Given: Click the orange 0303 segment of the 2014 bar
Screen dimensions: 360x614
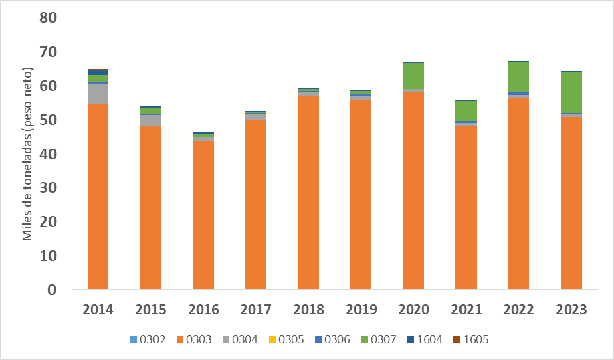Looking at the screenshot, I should [x=98, y=197].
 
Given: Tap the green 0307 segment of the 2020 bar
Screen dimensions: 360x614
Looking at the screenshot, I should [x=413, y=76].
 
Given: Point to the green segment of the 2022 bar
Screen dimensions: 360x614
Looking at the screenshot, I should [x=518, y=77].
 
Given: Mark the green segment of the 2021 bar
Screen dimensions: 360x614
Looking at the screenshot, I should [x=466, y=111].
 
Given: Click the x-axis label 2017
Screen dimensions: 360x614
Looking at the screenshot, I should [x=255, y=310].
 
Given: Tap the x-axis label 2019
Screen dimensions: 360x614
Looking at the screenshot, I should [x=361, y=310].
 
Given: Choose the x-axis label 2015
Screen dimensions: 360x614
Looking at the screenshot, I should [x=150, y=310].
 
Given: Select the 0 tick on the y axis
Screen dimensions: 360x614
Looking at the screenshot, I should [x=52, y=290].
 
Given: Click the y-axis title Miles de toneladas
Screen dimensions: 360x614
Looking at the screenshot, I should [x=28, y=154].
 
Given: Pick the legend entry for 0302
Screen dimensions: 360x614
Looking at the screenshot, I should [x=148, y=339].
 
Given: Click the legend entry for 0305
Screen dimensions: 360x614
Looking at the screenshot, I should [x=285, y=339].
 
